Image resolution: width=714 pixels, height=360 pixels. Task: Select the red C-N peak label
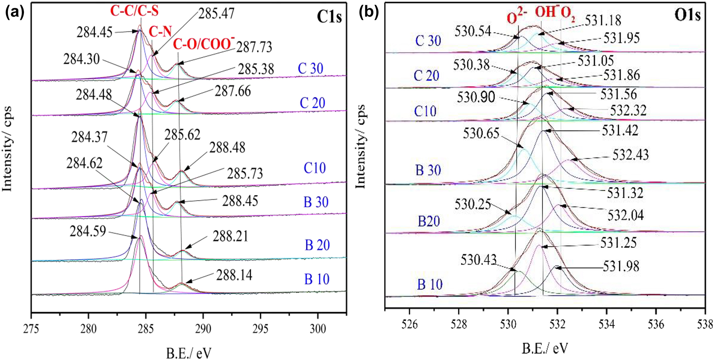click(x=160, y=32)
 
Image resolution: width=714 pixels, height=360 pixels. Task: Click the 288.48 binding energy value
click(x=227, y=148)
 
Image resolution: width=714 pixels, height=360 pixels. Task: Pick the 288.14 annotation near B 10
click(x=234, y=275)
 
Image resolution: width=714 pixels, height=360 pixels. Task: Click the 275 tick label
click(x=31, y=328)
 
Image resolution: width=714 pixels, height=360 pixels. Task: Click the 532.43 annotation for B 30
click(x=631, y=155)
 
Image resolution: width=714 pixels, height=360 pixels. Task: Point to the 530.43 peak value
click(x=478, y=260)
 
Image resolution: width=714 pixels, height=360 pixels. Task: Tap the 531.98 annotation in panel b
click(x=621, y=267)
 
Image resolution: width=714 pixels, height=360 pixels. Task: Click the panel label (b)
click(x=369, y=13)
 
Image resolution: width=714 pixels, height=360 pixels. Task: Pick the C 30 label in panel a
click(x=311, y=69)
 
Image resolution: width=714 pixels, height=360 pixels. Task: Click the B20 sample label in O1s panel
click(x=428, y=221)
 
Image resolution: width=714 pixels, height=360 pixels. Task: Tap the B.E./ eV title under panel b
click(x=544, y=348)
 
